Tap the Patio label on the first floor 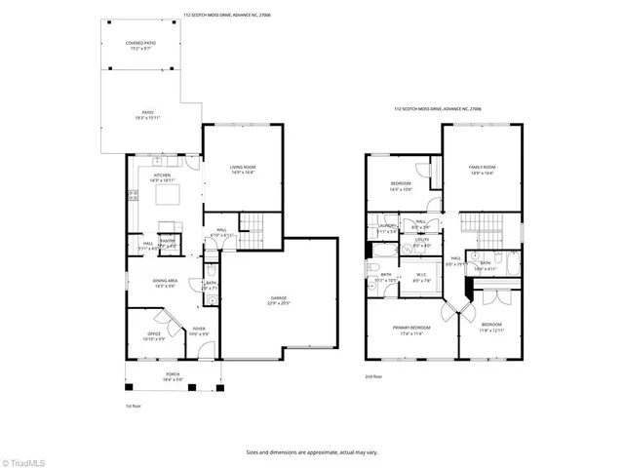point(147,114)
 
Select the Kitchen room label point(162,177)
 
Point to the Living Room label point(242,170)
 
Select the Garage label point(281,300)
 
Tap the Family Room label point(483,170)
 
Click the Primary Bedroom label point(411,330)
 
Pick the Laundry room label point(386,228)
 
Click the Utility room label point(422,242)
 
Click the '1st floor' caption point(134,406)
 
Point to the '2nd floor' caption point(373,375)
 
